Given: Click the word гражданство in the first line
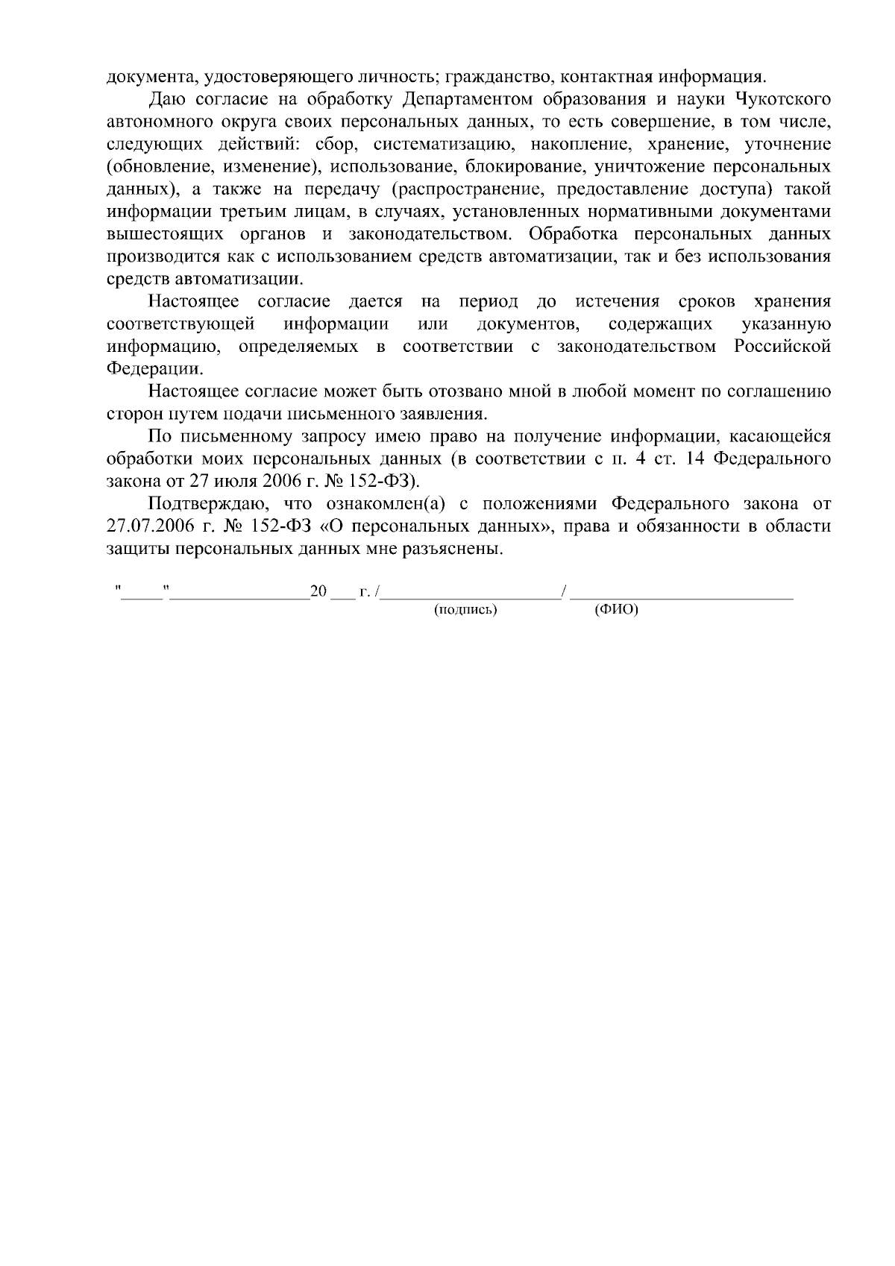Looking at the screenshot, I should (x=500, y=77).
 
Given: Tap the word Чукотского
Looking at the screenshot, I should (x=783, y=99).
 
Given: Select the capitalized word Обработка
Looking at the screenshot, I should (x=573, y=234).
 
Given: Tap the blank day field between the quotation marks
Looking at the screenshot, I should (x=143, y=595).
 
